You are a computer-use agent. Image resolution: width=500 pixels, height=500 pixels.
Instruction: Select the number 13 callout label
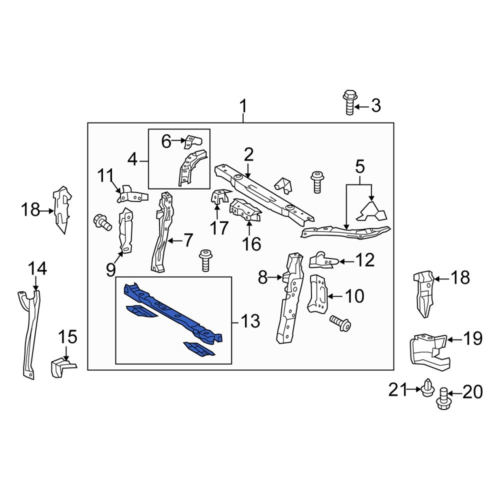pos(250,321)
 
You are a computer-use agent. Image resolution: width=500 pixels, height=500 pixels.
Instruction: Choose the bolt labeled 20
pos(442,399)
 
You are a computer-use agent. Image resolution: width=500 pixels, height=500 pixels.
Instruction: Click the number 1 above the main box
pos(243,106)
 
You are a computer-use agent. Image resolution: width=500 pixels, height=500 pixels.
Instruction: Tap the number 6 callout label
pos(165,141)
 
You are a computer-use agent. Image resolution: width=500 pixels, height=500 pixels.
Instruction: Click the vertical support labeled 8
pos(288,300)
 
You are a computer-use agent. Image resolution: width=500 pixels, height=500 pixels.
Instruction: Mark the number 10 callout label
pos(354,296)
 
